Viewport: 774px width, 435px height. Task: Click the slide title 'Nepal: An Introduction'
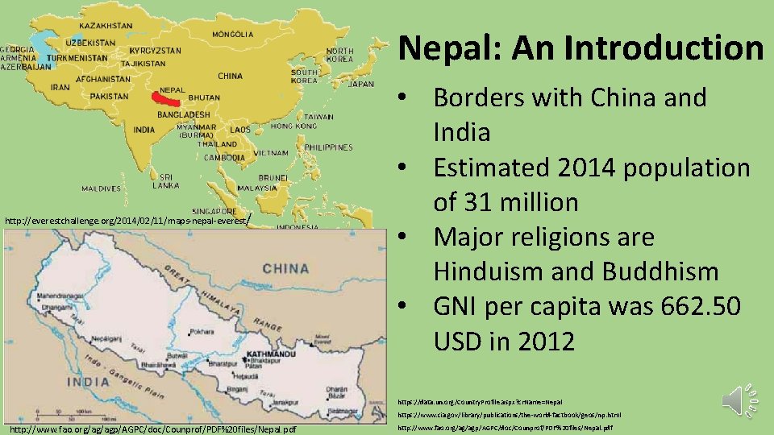click(x=580, y=48)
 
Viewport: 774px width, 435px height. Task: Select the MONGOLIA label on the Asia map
click(x=232, y=35)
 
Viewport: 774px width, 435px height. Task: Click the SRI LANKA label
click(x=165, y=180)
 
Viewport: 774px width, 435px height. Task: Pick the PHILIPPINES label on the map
click(x=329, y=147)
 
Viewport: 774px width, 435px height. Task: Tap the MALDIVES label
click(x=102, y=189)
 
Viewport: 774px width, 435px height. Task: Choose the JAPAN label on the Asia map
click(x=360, y=84)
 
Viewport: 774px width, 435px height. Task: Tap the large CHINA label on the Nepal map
click(x=285, y=268)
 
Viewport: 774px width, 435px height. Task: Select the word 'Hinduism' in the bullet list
click(x=491, y=272)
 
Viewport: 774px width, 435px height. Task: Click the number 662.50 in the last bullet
click(x=693, y=307)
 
